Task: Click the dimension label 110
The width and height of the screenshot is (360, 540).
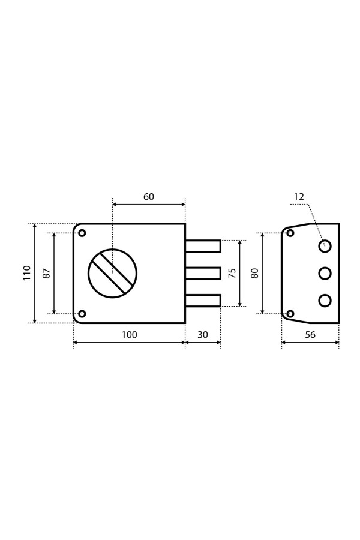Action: [x=27, y=273]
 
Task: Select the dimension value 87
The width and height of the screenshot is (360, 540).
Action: [x=47, y=273]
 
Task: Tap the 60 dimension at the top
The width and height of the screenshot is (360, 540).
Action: [x=148, y=197]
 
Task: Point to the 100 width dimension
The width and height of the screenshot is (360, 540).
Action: [x=130, y=335]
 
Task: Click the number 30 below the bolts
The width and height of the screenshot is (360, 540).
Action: [x=203, y=335]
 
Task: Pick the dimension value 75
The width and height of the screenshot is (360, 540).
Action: [x=232, y=273]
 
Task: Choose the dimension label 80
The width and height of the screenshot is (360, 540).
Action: [x=255, y=273]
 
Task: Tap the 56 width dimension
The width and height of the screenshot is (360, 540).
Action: [x=310, y=335]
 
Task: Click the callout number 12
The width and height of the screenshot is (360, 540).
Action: [x=299, y=197]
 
